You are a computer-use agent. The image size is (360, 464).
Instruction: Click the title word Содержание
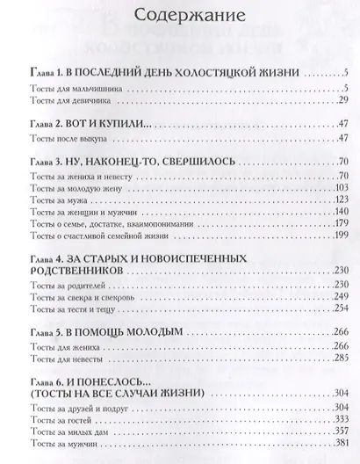click(181, 18)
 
